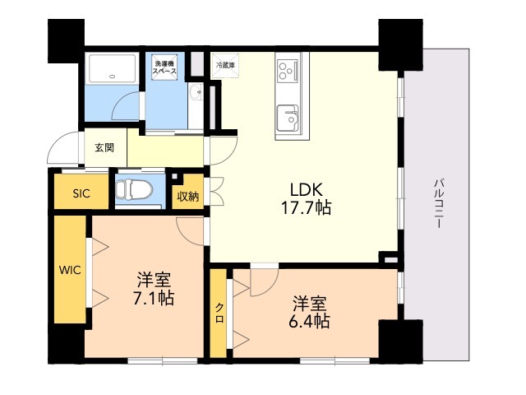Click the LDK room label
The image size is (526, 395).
click(x=307, y=190)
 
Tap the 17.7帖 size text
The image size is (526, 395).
click(x=306, y=207)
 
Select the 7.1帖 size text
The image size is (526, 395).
click(x=154, y=298)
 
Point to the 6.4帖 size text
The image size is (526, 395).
click(x=309, y=321)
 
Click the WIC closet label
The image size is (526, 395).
click(x=70, y=270)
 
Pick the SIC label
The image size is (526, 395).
click(x=81, y=193)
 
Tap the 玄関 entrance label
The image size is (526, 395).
click(x=104, y=147)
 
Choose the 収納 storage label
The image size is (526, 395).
click(x=188, y=197)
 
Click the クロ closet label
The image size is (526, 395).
click(x=219, y=313)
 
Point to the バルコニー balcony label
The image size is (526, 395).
click(x=440, y=204)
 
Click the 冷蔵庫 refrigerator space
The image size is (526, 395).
click(x=225, y=66)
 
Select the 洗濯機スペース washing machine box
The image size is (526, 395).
click(x=164, y=67)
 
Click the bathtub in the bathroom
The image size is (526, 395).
click(x=112, y=68)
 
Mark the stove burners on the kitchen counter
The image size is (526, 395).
click(x=288, y=70)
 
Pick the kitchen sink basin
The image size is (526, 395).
click(x=288, y=118)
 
